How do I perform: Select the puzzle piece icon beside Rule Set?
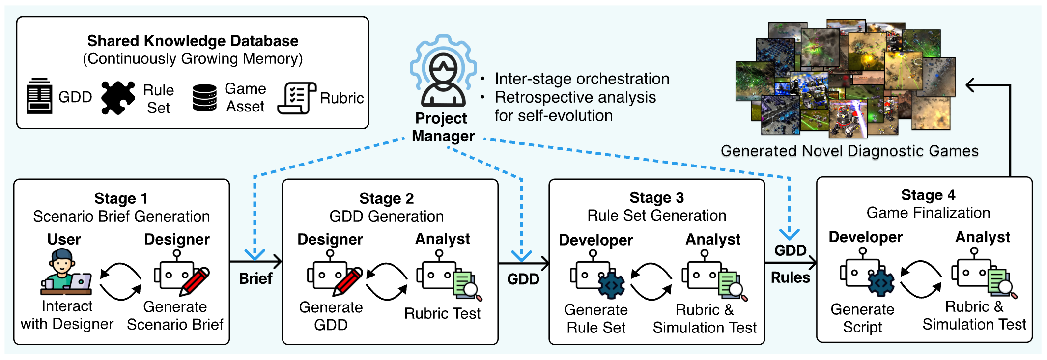tap(118, 98)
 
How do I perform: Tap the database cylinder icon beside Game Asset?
tap(204, 98)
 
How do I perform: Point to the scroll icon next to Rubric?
tap(296, 98)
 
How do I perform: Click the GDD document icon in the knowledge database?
tap(39, 96)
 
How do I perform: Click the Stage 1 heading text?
tap(121, 198)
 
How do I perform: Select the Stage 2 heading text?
tap(387, 198)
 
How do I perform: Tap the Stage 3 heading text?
tap(656, 197)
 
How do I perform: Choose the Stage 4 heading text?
tap(928, 195)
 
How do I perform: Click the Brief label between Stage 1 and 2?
tap(255, 278)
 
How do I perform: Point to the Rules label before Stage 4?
tap(790, 277)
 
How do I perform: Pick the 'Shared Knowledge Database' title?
tap(193, 41)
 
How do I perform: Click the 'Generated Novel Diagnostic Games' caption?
tap(849, 151)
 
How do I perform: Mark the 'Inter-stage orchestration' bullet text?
tap(582, 79)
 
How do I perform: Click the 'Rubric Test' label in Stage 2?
tap(442, 313)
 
